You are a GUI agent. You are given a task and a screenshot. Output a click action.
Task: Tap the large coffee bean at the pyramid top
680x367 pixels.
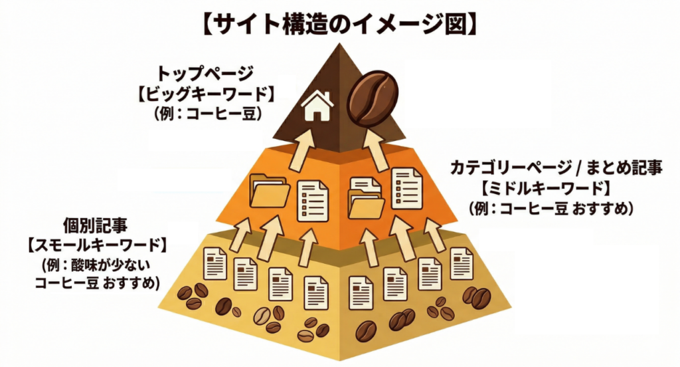coord(373,98)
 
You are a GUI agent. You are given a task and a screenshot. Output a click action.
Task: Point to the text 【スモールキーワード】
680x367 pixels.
coord(97,246)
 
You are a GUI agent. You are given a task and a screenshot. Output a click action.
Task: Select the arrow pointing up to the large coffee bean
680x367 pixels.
coord(375,149)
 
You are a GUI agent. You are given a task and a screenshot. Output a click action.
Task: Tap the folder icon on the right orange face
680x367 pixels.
coord(366,198)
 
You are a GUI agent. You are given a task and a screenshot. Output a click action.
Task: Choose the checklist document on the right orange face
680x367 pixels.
coord(406,189)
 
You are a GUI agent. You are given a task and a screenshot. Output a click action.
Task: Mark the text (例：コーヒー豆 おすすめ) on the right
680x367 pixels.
coord(551,209)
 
